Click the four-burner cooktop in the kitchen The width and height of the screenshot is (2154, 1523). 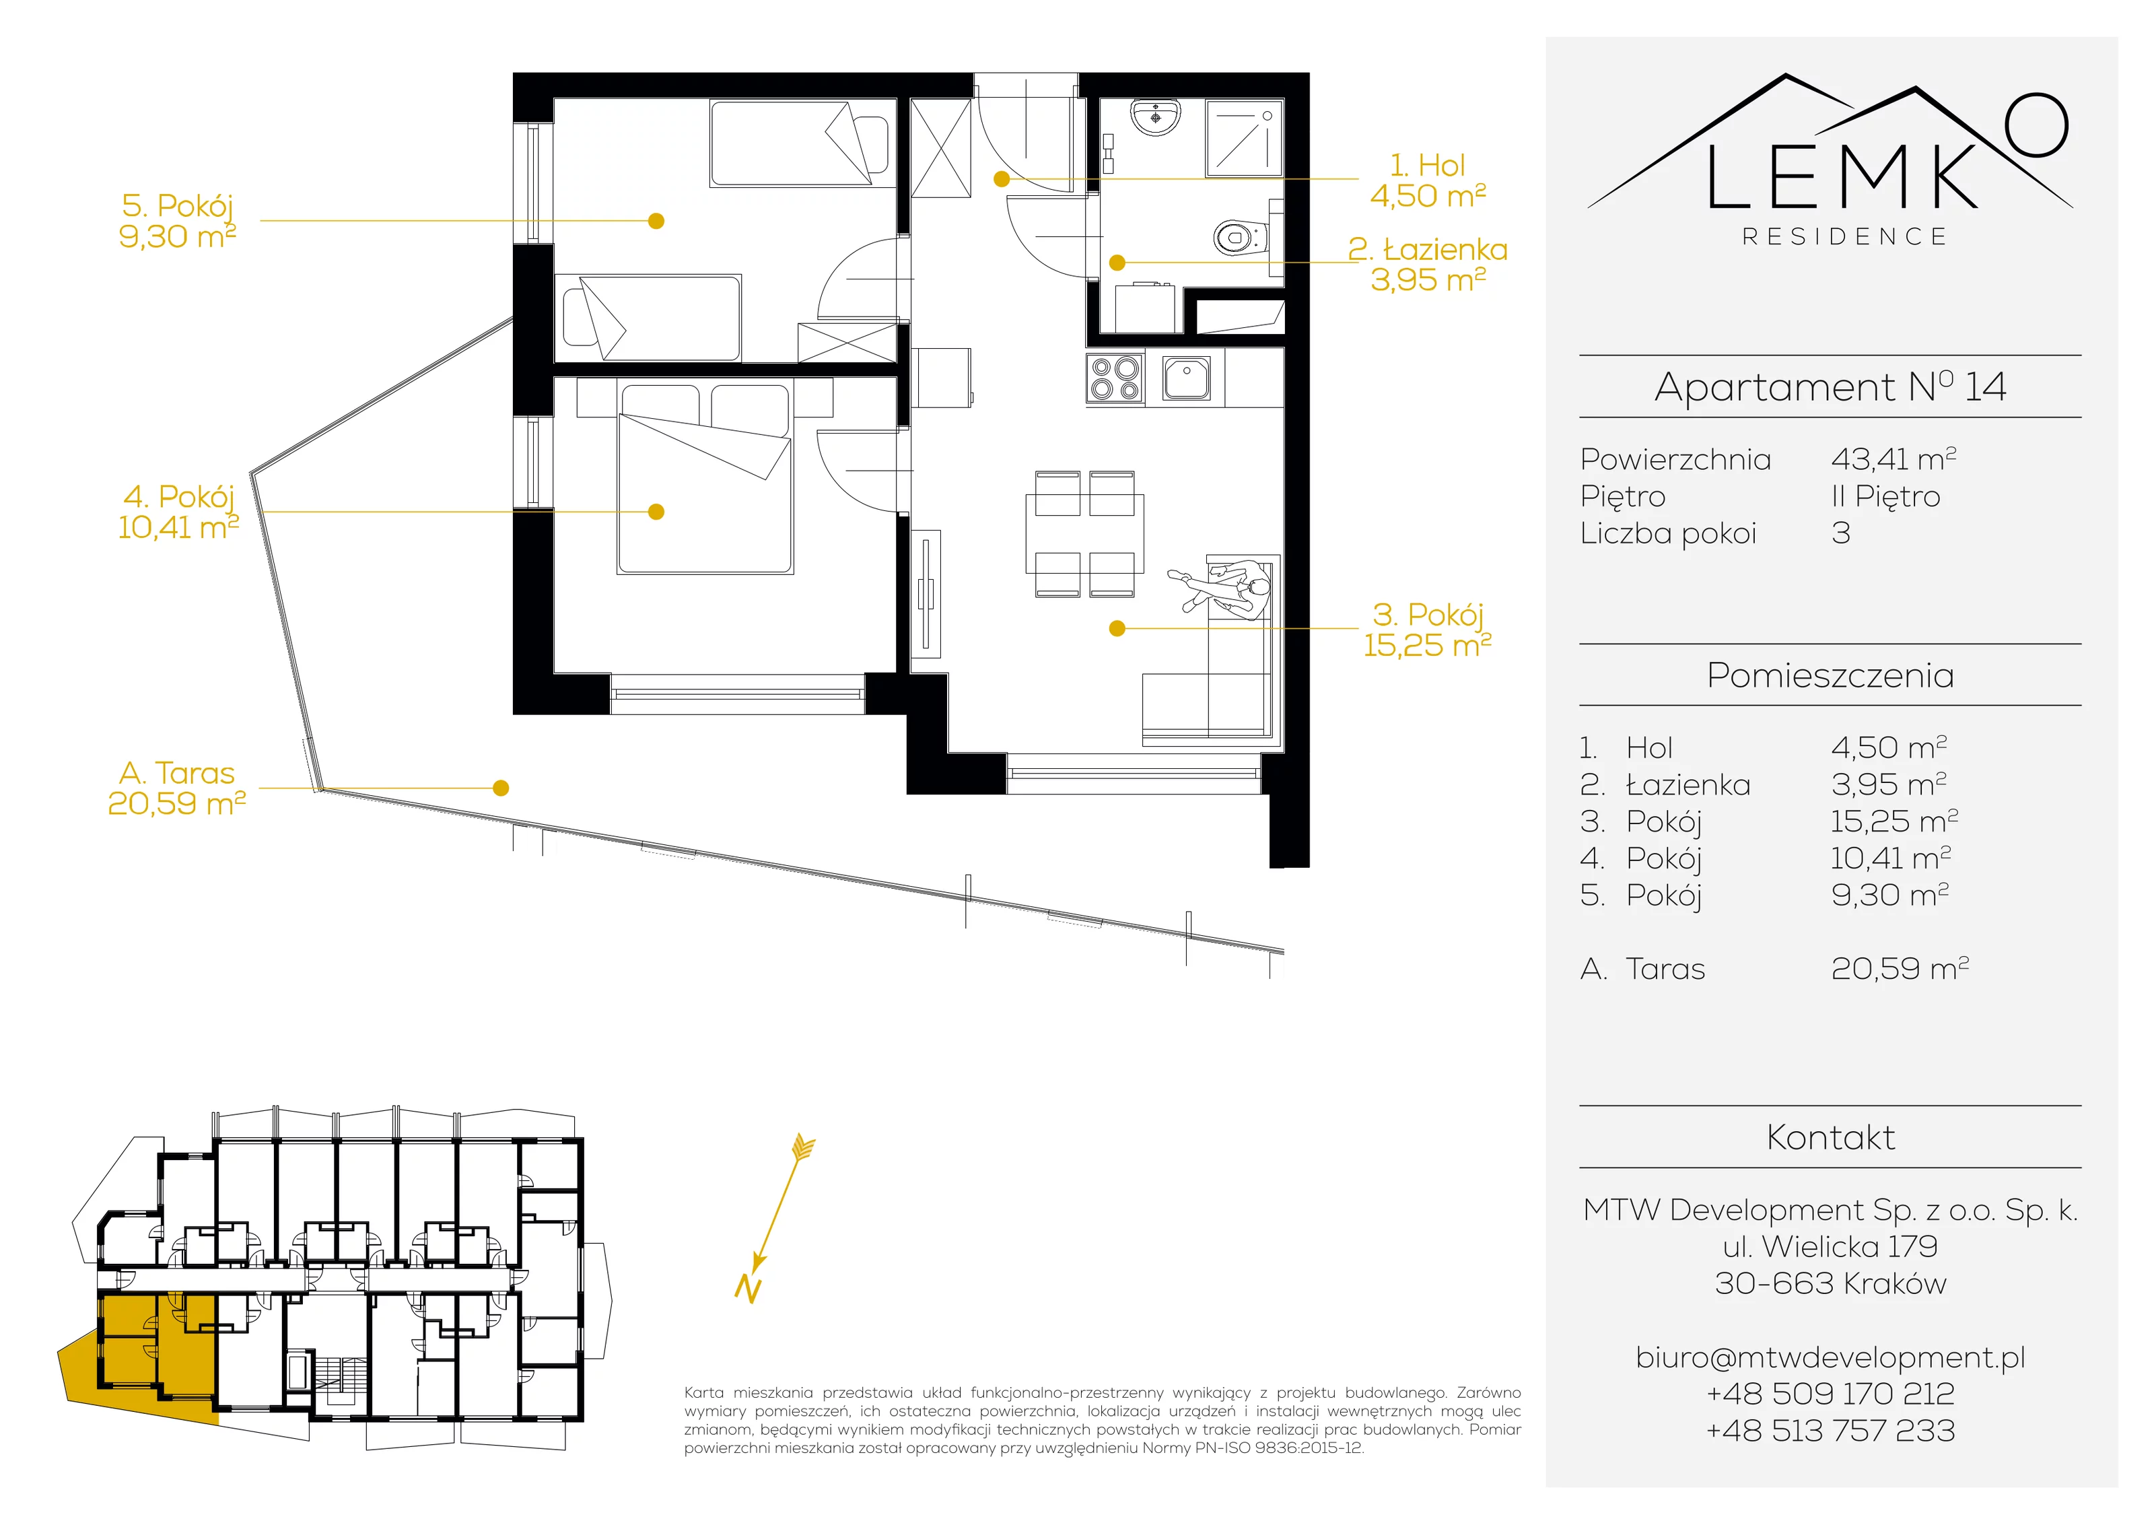(1115, 378)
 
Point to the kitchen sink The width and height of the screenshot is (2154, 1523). (1187, 378)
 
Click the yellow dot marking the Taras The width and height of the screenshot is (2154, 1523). (501, 788)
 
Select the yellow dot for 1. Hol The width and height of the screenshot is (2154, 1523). (1002, 178)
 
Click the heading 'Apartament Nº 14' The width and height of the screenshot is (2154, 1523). (1830, 386)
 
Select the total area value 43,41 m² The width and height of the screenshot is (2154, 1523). (1894, 459)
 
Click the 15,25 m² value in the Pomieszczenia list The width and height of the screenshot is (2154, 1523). (1894, 821)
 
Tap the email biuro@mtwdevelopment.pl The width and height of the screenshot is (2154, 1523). (1830, 1357)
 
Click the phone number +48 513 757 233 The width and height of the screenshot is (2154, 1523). (1830, 1430)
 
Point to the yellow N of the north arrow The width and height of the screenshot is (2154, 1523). (748, 1289)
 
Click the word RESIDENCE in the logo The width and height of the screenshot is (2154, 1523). (1844, 236)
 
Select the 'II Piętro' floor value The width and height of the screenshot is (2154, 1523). (1885, 496)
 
